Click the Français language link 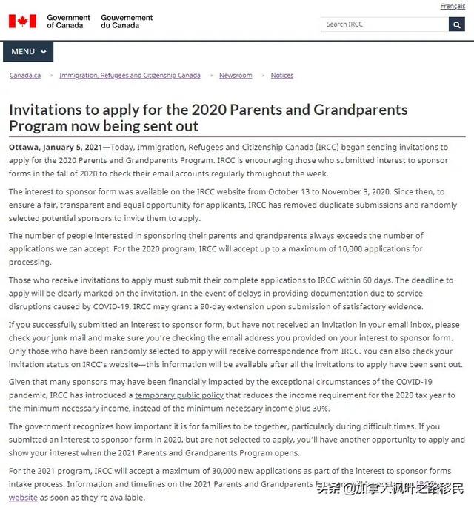[x=453, y=7]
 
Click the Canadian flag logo [x=22, y=22]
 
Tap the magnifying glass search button [x=456, y=24]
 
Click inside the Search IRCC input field [x=384, y=24]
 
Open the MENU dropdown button [x=28, y=52]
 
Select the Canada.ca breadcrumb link [x=24, y=76]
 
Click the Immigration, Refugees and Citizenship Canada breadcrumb [x=130, y=76]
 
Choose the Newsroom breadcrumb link [x=236, y=76]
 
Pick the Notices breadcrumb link [x=281, y=76]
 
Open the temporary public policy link [x=178, y=395]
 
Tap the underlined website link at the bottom [x=23, y=498]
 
